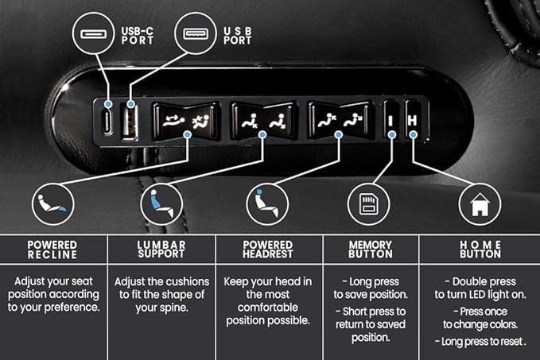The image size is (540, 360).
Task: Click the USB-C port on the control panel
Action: pyautogui.click(x=108, y=122)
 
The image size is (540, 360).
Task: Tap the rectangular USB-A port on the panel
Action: pyautogui.click(x=130, y=123)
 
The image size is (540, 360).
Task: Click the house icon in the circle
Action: pyautogui.click(x=480, y=204)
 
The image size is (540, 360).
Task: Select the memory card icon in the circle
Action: pyautogui.click(x=368, y=204)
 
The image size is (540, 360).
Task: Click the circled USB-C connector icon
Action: pyautogui.click(x=93, y=33)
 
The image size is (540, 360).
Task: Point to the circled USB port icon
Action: pyautogui.click(x=196, y=33)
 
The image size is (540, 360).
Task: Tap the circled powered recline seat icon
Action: pyautogui.click(x=52, y=204)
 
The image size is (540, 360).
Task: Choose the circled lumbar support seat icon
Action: pyautogui.click(x=161, y=204)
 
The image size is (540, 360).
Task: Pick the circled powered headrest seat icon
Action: pyautogui.click(x=267, y=204)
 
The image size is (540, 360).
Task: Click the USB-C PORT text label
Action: pyautogui.click(x=137, y=36)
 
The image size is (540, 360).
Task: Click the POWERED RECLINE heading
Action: pyautogui.click(x=52, y=250)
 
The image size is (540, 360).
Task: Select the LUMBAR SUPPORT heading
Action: pyautogui.click(x=161, y=250)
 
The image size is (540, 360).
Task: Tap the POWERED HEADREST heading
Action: pyautogui.click(x=268, y=250)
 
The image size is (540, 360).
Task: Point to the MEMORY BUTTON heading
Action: pyautogui.click(x=371, y=250)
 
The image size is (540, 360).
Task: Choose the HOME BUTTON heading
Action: pyautogui.click(x=480, y=250)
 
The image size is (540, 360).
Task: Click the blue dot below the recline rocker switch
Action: pyautogui.click(x=188, y=134)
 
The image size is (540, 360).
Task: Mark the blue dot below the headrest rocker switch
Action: pyautogui.click(x=339, y=134)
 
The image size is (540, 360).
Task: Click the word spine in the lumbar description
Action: pyautogui.click(x=175, y=308)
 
